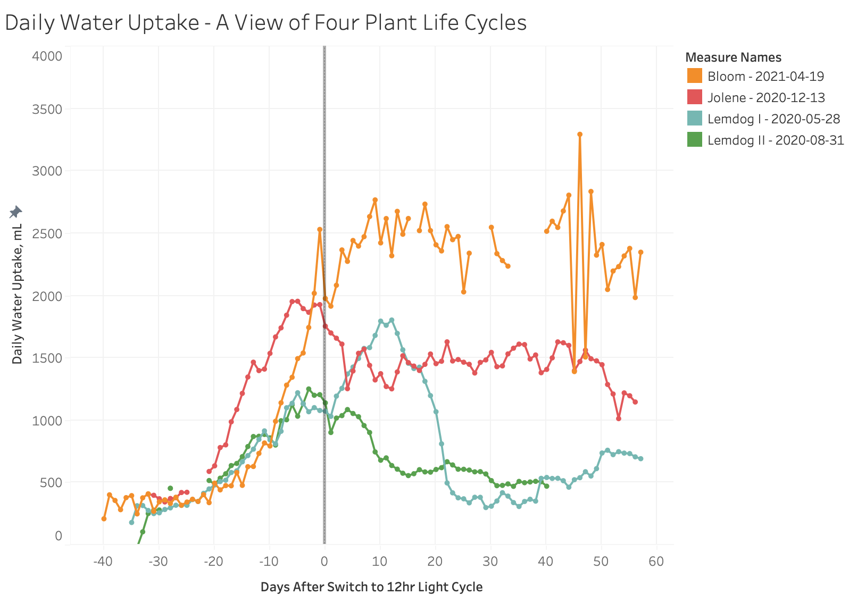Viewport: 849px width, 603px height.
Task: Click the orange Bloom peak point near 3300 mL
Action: click(x=580, y=135)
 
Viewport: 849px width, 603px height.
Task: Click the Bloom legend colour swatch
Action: click(x=694, y=76)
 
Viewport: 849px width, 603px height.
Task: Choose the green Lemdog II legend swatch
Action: click(x=694, y=140)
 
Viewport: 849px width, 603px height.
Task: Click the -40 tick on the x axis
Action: click(x=103, y=562)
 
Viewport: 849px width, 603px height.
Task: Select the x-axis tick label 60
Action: click(x=656, y=562)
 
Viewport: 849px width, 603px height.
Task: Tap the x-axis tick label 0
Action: click(x=324, y=562)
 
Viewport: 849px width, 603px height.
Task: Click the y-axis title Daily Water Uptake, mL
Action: click(x=18, y=294)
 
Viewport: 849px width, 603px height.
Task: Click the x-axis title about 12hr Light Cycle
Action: click(x=371, y=587)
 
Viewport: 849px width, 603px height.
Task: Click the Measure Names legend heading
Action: click(x=733, y=57)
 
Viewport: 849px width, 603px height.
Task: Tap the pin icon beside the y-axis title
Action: click(x=16, y=212)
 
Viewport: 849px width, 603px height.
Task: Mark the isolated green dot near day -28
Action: click(x=170, y=488)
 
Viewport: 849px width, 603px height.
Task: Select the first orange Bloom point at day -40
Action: click(x=104, y=518)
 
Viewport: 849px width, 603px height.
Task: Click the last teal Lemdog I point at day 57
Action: click(x=640, y=458)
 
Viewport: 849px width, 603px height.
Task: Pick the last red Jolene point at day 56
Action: click(x=635, y=402)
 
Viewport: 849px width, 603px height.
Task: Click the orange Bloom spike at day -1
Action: click(x=320, y=230)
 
